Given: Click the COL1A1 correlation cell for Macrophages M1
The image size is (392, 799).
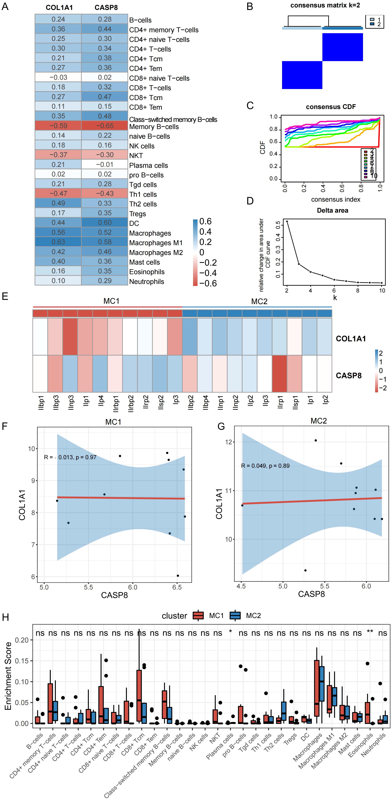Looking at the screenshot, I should click(x=58, y=242).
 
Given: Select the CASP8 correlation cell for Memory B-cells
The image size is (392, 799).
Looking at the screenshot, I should click(x=105, y=126).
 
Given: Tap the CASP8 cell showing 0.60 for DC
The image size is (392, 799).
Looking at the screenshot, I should click(x=105, y=223).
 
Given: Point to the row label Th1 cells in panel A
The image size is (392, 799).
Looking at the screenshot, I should click(x=143, y=194).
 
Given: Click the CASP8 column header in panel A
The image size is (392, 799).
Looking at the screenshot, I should click(x=106, y=7).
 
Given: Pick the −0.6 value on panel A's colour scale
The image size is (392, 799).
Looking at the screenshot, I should click(x=208, y=283).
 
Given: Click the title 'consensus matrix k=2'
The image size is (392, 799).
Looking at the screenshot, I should click(x=325, y=5).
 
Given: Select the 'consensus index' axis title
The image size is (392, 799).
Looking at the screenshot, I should click(x=336, y=199).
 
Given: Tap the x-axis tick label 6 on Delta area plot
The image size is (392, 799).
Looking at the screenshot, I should click(x=334, y=291).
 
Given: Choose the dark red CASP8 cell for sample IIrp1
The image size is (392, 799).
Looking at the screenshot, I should click(x=279, y=374).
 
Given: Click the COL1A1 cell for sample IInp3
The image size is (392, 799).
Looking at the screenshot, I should click(x=70, y=337).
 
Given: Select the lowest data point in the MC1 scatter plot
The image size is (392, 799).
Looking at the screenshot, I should click(x=178, y=576).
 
